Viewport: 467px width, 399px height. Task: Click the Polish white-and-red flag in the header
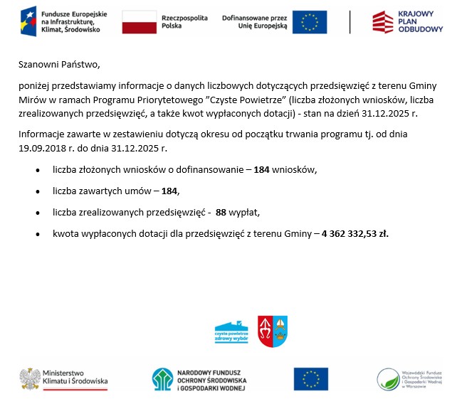pyautogui.click(x=140, y=22)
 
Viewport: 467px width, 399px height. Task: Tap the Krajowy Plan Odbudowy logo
pyautogui.click(x=408, y=22)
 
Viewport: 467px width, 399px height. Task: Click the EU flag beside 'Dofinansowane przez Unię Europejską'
pyautogui.click(x=310, y=22)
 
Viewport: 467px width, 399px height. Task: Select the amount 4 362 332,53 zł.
pyautogui.click(x=355, y=233)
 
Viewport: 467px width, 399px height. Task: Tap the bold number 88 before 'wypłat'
pyautogui.click(x=221, y=212)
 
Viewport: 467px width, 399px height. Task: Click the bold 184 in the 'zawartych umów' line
pyautogui.click(x=170, y=191)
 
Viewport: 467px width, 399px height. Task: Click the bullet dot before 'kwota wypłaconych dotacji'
pyautogui.click(x=36, y=234)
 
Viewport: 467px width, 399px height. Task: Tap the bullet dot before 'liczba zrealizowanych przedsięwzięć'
pyautogui.click(x=36, y=213)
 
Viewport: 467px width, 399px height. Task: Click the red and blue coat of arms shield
pyautogui.click(x=272, y=331)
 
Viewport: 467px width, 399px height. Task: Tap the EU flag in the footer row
pyautogui.click(x=310, y=379)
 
